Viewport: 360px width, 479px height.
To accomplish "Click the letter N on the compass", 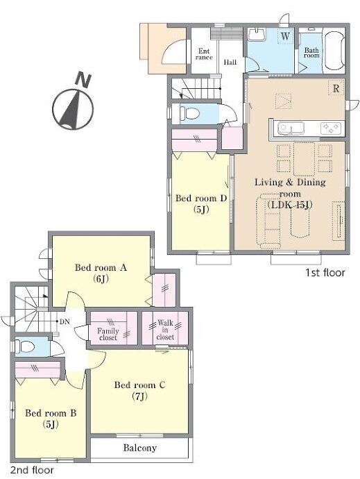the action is point(83,79).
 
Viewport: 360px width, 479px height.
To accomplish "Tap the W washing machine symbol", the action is point(285,35).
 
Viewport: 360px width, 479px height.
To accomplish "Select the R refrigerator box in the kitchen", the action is point(336,88).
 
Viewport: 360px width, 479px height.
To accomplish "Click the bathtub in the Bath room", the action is point(334,51).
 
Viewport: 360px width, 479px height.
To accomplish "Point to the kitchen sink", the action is point(291,128).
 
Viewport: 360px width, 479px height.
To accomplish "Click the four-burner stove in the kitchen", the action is point(331,128).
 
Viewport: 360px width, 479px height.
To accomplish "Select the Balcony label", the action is point(140,448).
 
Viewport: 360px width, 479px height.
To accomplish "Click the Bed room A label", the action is point(101,267).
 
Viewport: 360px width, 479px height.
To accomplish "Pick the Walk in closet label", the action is point(165,330).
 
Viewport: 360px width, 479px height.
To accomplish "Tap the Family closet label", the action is point(108,334).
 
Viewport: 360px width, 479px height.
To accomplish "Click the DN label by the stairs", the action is point(65,321).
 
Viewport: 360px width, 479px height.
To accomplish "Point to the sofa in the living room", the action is point(268,221).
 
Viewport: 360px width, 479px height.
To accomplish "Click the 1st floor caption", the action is point(325,273).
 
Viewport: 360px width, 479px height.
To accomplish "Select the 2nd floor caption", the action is point(32,470).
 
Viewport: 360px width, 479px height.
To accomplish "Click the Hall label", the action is point(230,62).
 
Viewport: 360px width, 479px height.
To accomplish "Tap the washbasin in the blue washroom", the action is point(257,34).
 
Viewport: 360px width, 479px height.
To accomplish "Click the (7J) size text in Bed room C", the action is point(140,396).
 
